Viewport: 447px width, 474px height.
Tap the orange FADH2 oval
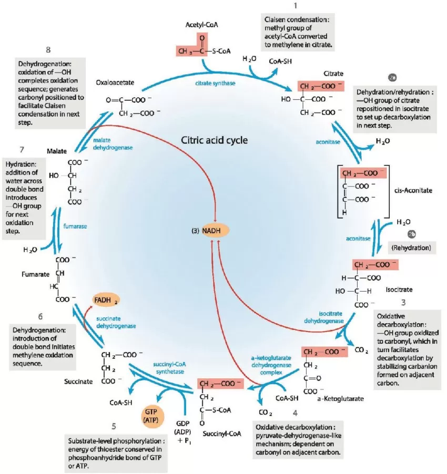[x=106, y=300]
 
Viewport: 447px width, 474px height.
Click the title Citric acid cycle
[x=214, y=141]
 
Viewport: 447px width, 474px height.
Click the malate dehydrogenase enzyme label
[x=109, y=145]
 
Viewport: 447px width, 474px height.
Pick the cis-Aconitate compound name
[x=413, y=190]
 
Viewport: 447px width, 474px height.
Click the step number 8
[x=48, y=50]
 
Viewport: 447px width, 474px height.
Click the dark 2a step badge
[x=392, y=78]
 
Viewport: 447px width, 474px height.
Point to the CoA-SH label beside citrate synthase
[x=281, y=61]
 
